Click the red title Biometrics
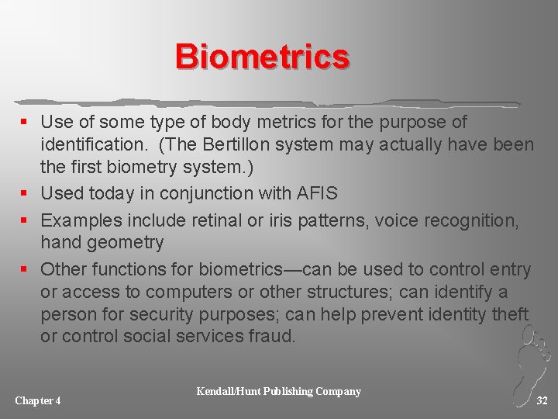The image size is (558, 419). coord(262,57)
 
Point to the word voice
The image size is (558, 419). coord(395,220)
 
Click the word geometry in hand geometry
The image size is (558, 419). coord(126,243)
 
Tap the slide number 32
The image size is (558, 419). coord(542,400)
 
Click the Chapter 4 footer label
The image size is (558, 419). coord(38,400)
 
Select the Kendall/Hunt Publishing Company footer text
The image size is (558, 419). coord(279,391)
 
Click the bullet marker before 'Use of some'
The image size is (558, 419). coord(26,123)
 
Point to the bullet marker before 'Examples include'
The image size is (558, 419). coord(26,221)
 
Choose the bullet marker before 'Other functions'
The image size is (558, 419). coord(26,270)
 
